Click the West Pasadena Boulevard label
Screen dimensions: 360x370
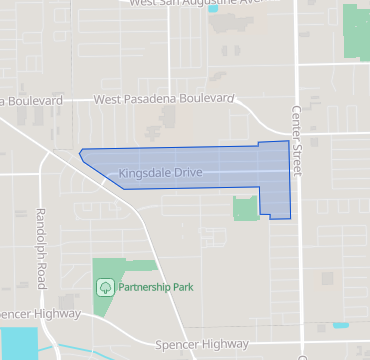tap(165, 100)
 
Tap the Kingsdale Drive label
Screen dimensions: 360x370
tap(161, 174)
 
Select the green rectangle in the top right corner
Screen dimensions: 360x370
tap(356, 30)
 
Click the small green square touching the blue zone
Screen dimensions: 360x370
tap(245, 208)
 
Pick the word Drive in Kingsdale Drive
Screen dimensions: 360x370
tap(187, 174)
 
